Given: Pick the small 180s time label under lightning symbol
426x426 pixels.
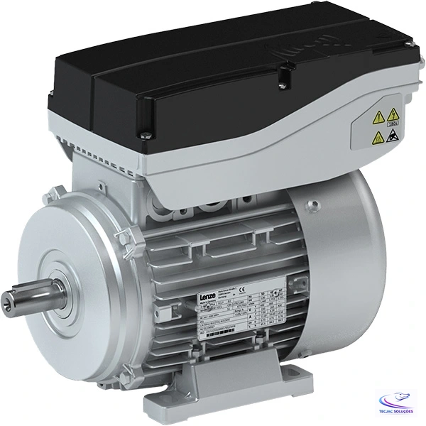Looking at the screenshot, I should point(392,125).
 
